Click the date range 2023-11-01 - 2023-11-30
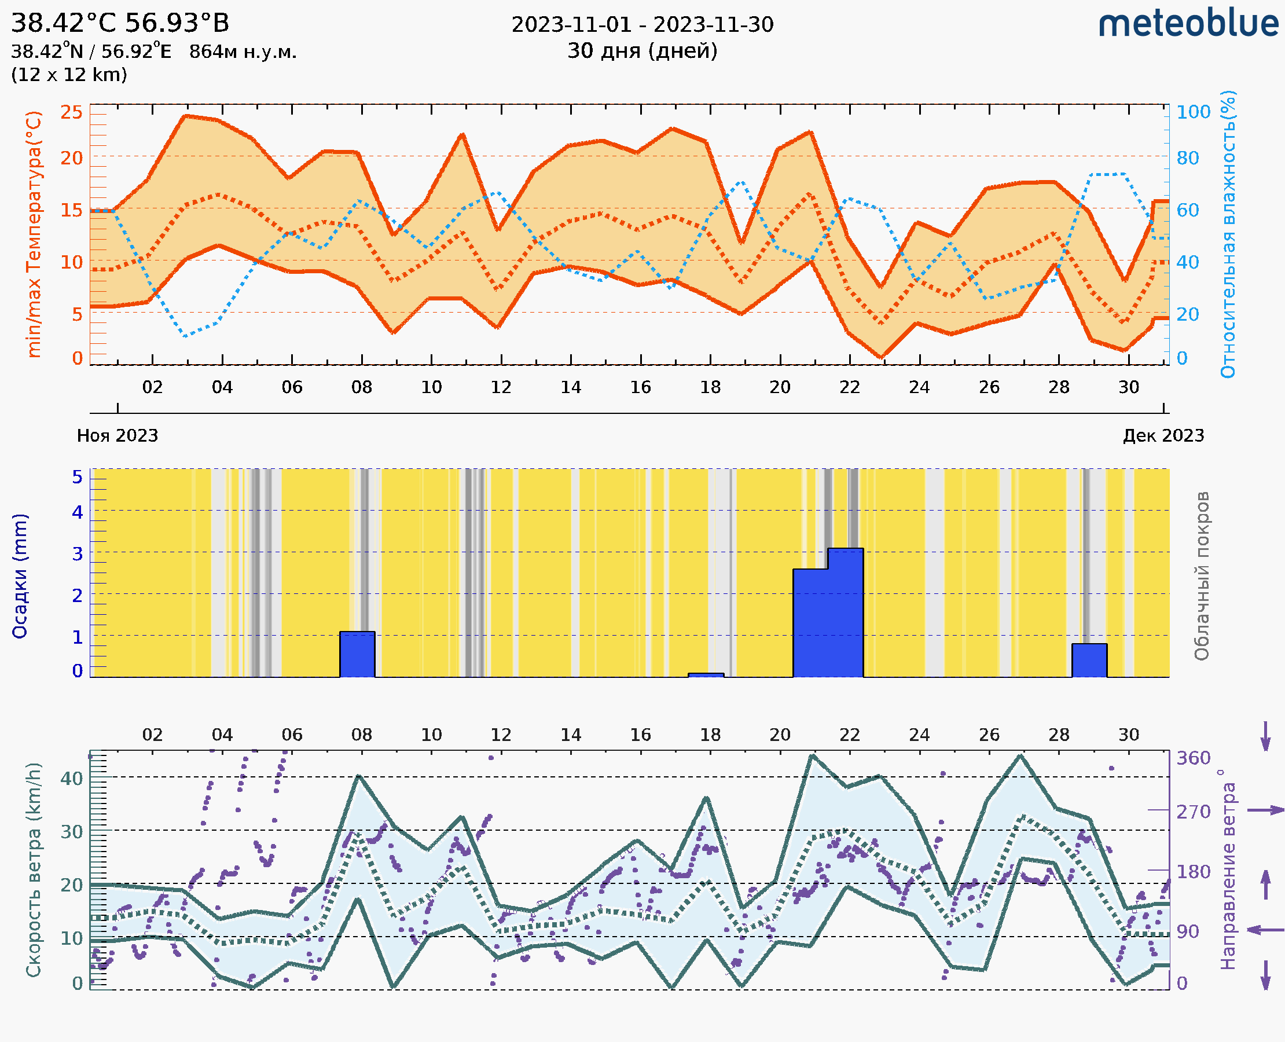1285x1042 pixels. [x=642, y=25]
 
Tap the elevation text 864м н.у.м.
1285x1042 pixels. [x=243, y=52]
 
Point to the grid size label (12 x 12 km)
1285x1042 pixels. [x=69, y=75]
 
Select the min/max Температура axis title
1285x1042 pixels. [x=34, y=234]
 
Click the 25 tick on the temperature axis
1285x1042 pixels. [x=71, y=112]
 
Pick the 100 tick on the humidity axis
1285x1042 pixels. [x=1193, y=112]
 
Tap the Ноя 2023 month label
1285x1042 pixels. [x=117, y=435]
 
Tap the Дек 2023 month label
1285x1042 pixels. [x=1163, y=435]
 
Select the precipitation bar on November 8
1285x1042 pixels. [x=357, y=654]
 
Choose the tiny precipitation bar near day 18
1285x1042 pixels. [x=706, y=675]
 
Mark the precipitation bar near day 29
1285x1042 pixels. [x=1089, y=660]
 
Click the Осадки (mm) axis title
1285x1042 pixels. [x=20, y=576]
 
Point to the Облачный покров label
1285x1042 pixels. [x=1202, y=576]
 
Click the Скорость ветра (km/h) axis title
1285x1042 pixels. [x=34, y=869]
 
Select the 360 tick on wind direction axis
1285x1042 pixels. [x=1193, y=758]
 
